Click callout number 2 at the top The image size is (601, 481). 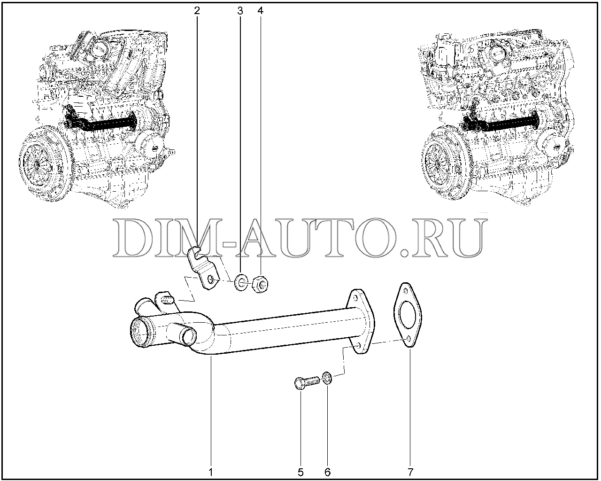coord(197,11)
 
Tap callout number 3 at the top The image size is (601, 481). coord(240,11)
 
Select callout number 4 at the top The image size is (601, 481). coord(260,11)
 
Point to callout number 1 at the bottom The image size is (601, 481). coord(211,472)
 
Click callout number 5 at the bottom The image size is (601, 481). coord(300,472)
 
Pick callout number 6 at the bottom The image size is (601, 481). coord(328,472)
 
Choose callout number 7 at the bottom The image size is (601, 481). coord(410,472)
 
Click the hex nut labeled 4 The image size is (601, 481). coord(260,285)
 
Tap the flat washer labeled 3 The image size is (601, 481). coord(241,283)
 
